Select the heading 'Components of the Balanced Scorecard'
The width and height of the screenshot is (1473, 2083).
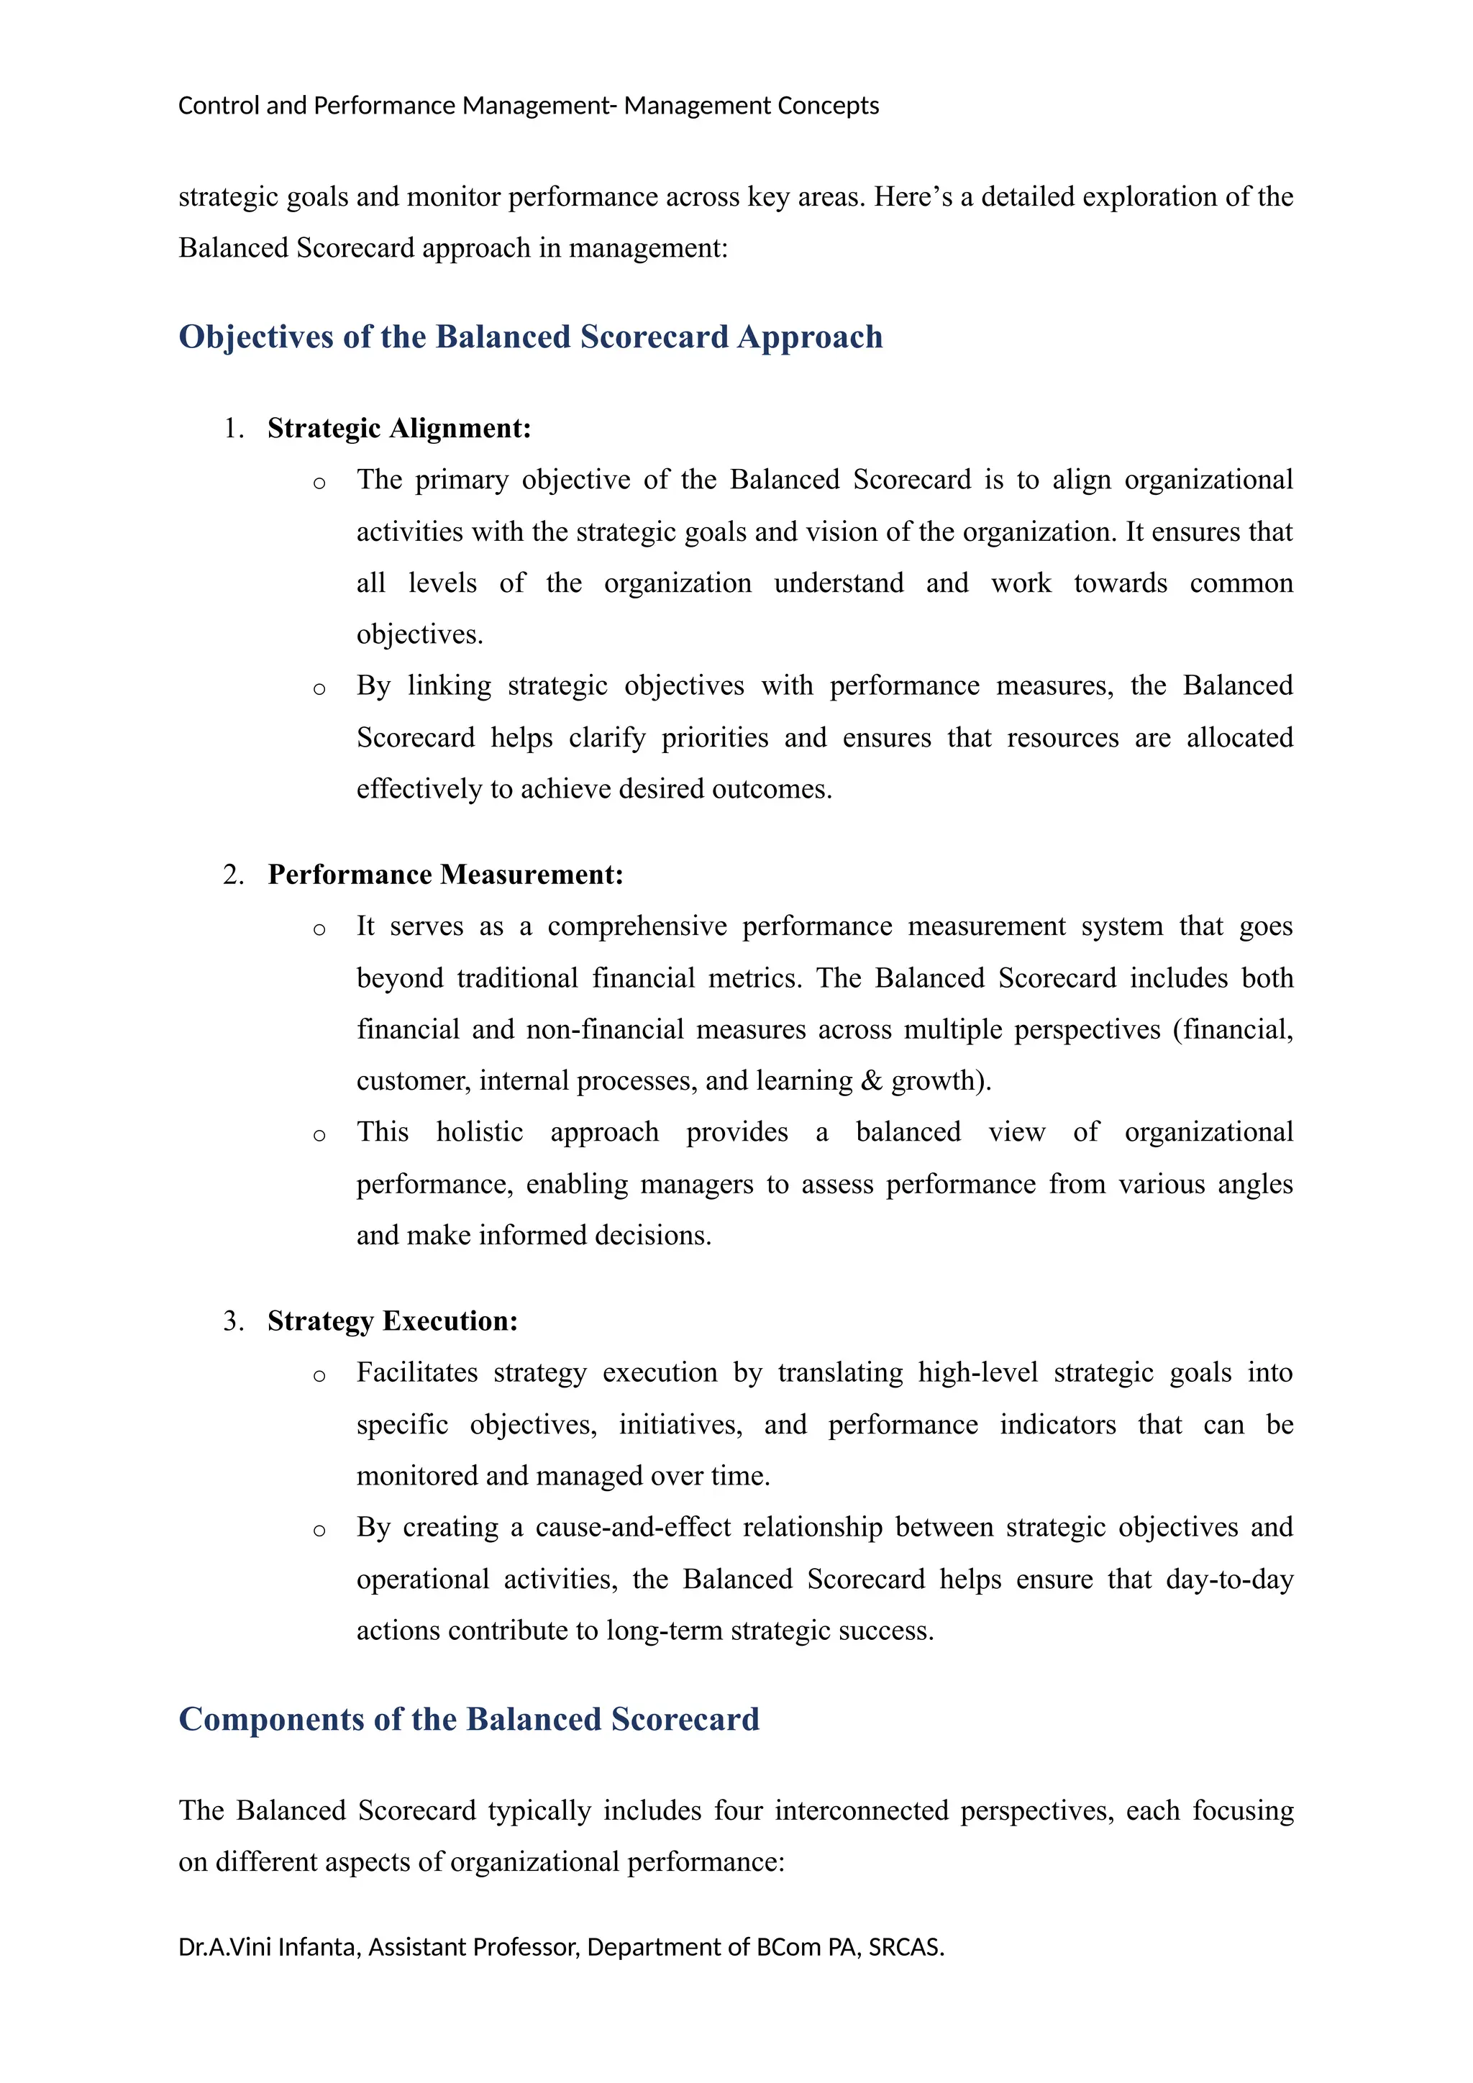[x=468, y=1719]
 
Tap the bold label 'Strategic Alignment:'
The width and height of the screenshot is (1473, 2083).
[x=398, y=428]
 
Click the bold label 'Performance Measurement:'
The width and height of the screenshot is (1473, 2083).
[x=445, y=875]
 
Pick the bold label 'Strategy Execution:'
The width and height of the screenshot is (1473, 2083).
[x=392, y=1321]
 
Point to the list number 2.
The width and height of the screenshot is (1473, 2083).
[x=232, y=875]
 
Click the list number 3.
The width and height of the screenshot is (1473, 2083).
[x=232, y=1321]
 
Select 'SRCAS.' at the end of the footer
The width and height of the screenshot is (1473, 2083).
[x=906, y=1948]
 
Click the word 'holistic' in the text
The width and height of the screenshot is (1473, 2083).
[x=479, y=1132]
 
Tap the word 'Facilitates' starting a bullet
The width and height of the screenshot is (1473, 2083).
[x=416, y=1372]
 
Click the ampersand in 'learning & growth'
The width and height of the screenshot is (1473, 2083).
[x=872, y=1080]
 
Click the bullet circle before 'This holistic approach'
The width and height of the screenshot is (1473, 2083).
[x=319, y=1136]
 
